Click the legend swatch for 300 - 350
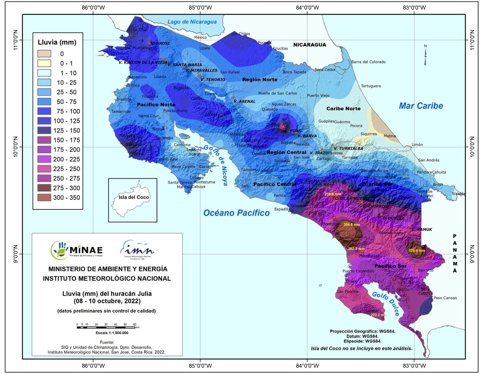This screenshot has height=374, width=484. click(x=44, y=197)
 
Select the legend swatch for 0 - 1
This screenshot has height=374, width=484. click(x=44, y=63)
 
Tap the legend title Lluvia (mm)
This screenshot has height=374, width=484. click(x=57, y=42)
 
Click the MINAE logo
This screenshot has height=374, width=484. click(x=77, y=250)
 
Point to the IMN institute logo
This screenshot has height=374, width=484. click(x=137, y=249)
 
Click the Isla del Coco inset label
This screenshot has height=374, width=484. click(x=133, y=197)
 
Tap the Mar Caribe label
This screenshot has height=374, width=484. click(x=421, y=106)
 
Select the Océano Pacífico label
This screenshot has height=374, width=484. click(x=236, y=213)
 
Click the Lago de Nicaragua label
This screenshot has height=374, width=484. click(x=192, y=22)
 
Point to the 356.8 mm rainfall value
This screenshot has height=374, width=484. click(x=351, y=225)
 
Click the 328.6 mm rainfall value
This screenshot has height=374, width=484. click(x=417, y=251)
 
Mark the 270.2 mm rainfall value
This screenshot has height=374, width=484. click(x=378, y=315)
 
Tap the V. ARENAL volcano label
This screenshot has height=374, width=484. click(x=244, y=102)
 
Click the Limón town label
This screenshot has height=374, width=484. click(x=417, y=144)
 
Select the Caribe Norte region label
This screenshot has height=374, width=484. click(x=343, y=109)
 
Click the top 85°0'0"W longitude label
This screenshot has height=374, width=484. click(x=200, y=7)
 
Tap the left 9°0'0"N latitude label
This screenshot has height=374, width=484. click(x=15, y=254)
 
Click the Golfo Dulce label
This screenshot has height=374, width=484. click(x=385, y=303)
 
